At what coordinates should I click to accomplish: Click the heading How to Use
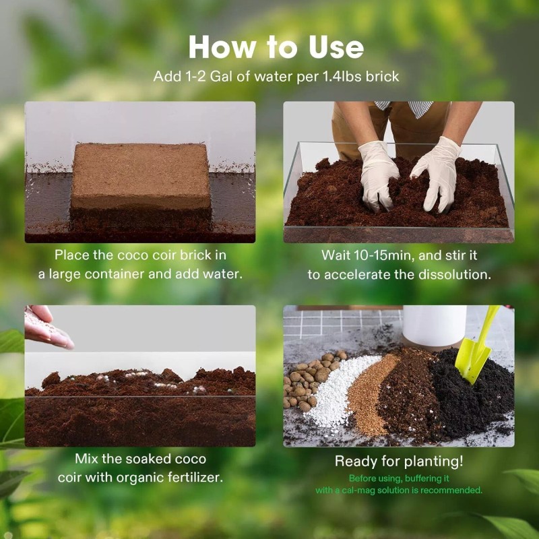coord(276,47)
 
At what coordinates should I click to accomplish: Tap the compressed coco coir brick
coord(141,177)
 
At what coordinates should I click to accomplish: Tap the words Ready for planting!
coord(399,462)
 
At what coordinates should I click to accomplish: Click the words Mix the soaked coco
coord(140,459)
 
